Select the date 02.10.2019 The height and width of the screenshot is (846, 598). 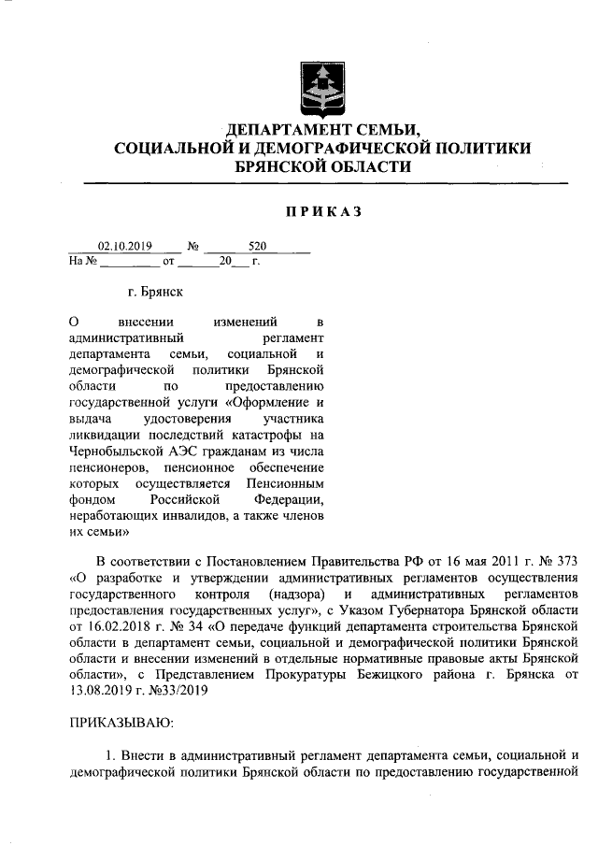pos(125,247)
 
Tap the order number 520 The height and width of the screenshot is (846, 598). pos(258,247)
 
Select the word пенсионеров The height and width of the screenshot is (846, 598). pos(107,467)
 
